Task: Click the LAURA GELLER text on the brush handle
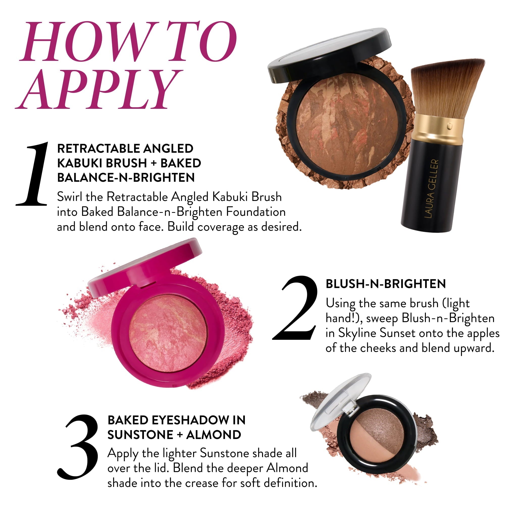click(431, 189)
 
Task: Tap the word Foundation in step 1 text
click(255, 212)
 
